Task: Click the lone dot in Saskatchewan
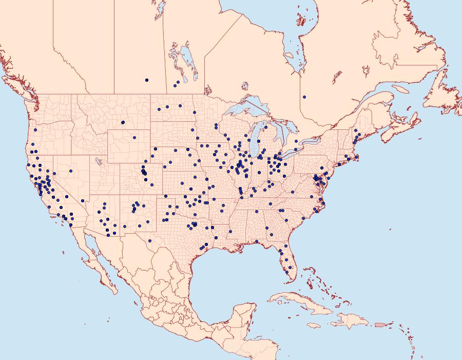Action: [x=147, y=80]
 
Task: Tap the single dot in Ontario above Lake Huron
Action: [x=304, y=97]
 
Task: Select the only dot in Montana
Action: [x=123, y=122]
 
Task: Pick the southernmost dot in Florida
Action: [x=286, y=272]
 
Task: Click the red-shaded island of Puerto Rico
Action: [x=380, y=325]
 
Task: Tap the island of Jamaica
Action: [x=315, y=325]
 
